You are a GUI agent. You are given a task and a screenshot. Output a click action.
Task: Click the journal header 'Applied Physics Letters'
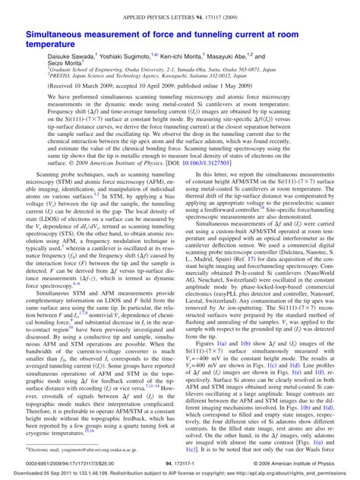(179, 14)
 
